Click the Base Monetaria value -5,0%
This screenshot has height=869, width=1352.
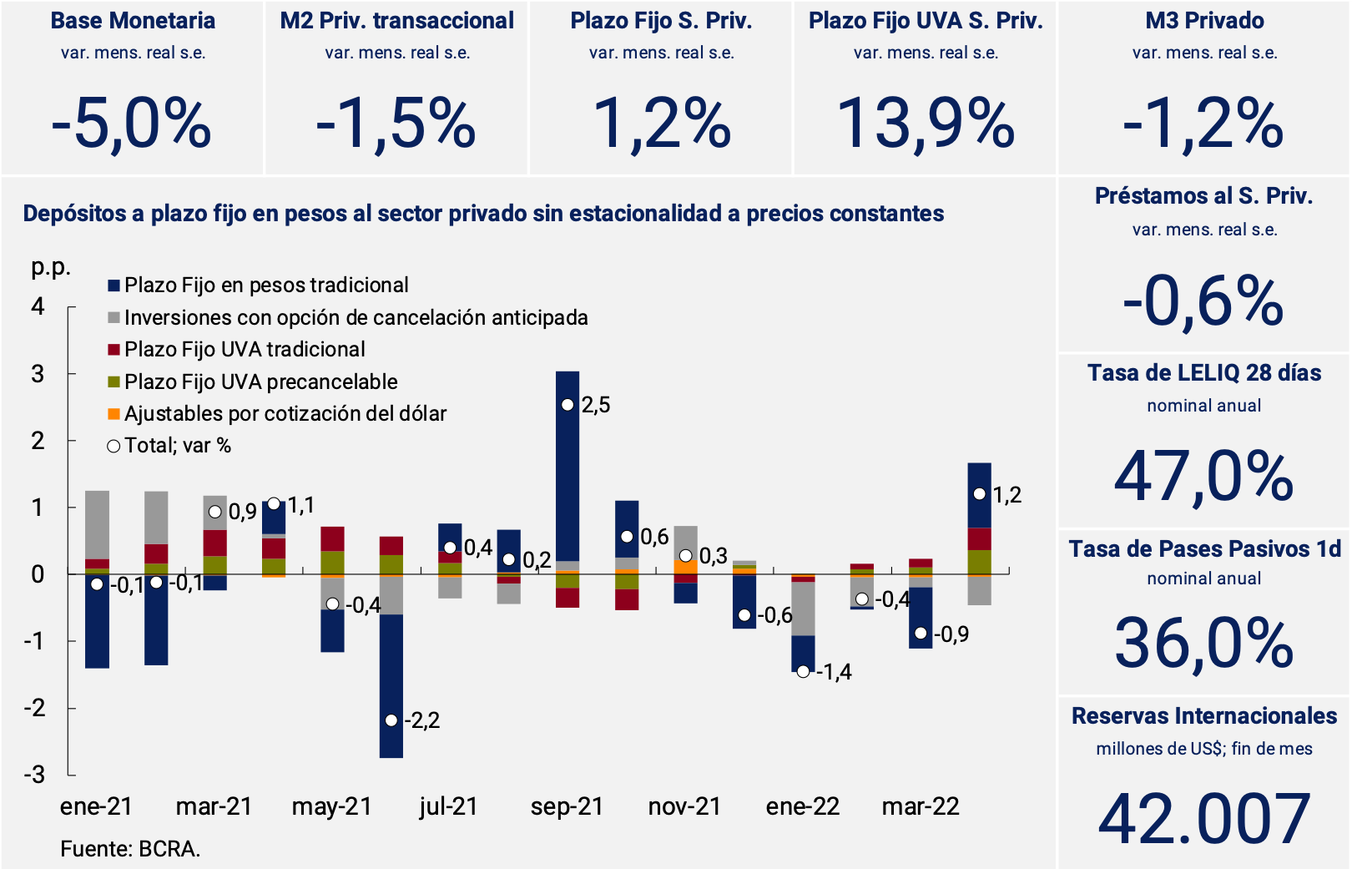tap(131, 124)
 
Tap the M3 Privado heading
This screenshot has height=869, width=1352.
tap(1204, 21)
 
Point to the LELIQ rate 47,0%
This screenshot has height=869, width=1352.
tap(1203, 477)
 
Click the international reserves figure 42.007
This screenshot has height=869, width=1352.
tap(1203, 818)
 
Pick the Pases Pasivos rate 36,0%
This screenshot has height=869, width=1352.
tap(1203, 644)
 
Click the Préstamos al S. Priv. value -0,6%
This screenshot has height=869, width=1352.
tap(1203, 301)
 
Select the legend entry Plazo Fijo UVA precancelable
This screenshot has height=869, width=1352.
tap(260, 381)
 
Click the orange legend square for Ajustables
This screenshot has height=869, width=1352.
tap(114, 414)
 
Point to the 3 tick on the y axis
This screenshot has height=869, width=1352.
tap(38, 374)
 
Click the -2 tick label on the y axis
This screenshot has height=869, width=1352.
tap(34, 708)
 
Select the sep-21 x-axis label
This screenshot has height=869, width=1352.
tap(567, 806)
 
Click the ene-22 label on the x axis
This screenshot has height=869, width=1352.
tap(802, 806)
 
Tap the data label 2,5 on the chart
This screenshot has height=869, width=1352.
tap(596, 406)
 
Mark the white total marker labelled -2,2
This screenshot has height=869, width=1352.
tap(391, 720)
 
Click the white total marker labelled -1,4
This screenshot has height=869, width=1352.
tap(803, 671)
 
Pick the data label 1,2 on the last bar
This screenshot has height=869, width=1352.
tap(1007, 495)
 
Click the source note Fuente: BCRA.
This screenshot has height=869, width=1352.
tap(130, 849)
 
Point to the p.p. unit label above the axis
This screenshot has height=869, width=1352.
tap(51, 267)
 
